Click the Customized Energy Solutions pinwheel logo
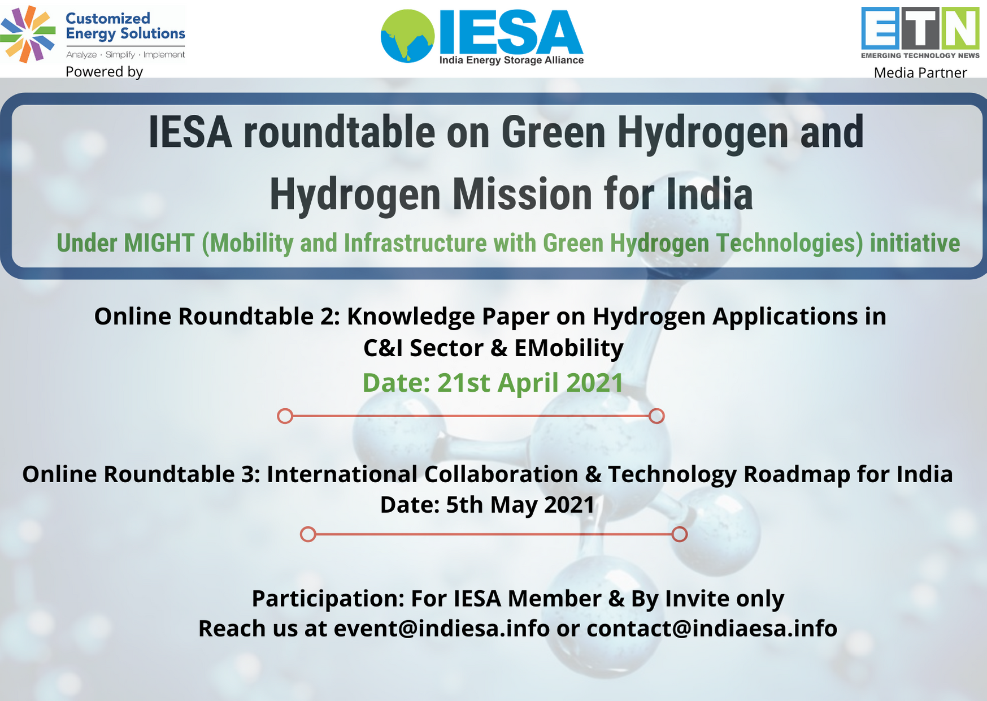[x=28, y=34]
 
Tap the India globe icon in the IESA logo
[x=407, y=36]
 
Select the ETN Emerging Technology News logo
[x=920, y=33]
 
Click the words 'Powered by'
[x=104, y=72]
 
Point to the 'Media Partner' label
[x=920, y=73]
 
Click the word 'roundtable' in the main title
[x=340, y=133]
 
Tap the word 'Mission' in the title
[x=523, y=195]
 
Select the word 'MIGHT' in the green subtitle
[x=159, y=243]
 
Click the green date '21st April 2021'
[x=530, y=383]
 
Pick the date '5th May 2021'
[x=520, y=505]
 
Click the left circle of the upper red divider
[x=285, y=416]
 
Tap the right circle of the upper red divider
[x=656, y=416]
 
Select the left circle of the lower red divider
[x=308, y=534]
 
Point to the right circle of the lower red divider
[x=680, y=534]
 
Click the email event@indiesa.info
[x=442, y=629]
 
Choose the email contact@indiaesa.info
[x=712, y=629]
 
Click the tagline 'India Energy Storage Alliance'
[x=511, y=60]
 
